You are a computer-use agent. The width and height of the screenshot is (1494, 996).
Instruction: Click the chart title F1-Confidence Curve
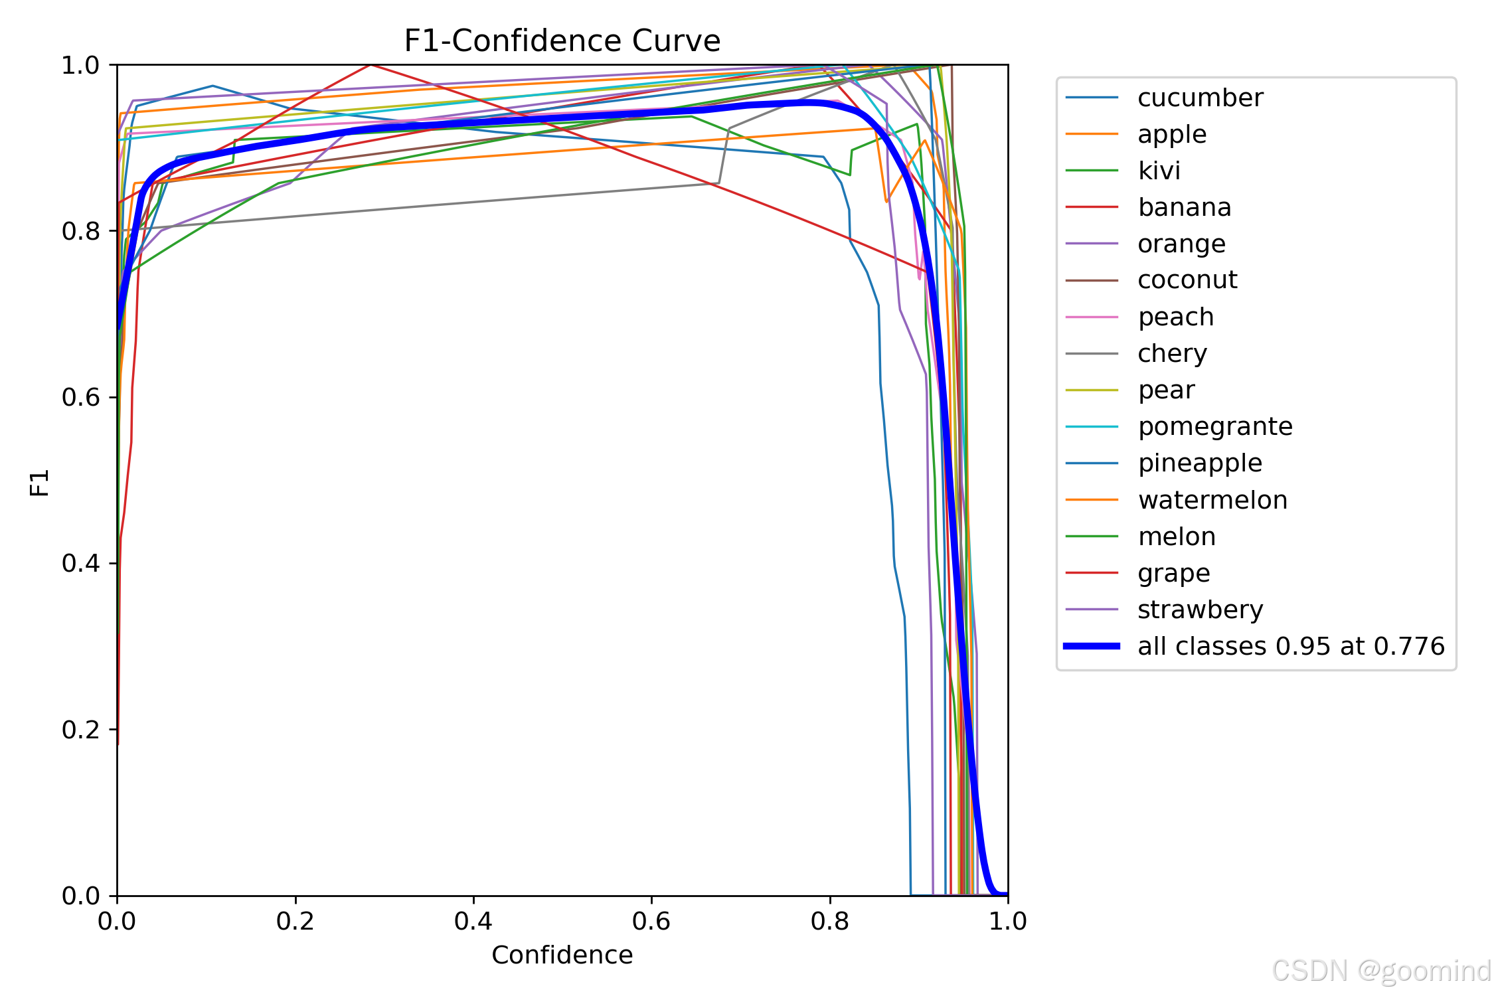pos(562,41)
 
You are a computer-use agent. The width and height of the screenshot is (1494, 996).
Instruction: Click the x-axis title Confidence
pos(562,955)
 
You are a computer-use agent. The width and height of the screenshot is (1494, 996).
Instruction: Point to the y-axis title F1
pos(40,482)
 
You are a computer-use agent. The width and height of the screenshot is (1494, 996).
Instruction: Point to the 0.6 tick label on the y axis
pos(80,397)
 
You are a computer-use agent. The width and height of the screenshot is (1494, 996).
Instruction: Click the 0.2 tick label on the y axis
pos(80,729)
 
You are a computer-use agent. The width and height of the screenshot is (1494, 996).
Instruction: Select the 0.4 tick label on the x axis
pos(473,921)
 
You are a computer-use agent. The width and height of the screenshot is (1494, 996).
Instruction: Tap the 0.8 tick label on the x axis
pos(830,921)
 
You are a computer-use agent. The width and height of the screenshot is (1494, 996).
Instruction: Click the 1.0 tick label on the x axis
pos(1008,921)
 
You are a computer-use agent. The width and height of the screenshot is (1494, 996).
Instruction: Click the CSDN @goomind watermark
pos(1382,971)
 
